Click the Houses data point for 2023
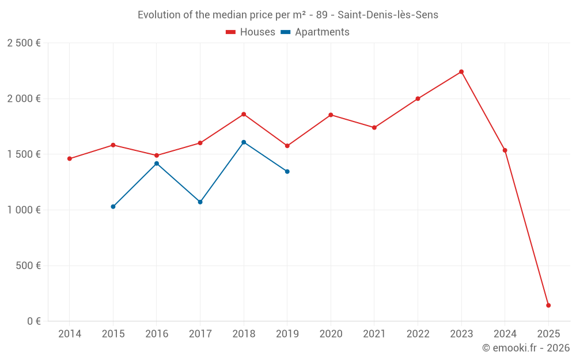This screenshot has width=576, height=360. [x=461, y=72]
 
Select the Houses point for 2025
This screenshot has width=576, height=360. [x=548, y=305]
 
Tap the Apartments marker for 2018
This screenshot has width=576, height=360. [x=244, y=142]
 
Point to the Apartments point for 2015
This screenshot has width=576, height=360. [x=113, y=207]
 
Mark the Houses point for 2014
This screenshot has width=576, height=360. [x=70, y=159]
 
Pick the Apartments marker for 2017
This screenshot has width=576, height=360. [x=200, y=202]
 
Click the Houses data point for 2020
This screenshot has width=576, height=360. [x=331, y=115]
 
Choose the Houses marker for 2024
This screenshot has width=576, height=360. [x=505, y=150]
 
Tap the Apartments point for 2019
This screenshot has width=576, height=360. [x=287, y=172]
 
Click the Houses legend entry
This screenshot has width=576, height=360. [x=251, y=32]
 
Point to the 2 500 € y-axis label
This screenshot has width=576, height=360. [x=24, y=43]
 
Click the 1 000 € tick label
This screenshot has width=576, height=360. [x=24, y=210]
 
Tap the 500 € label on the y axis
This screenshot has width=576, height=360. [x=28, y=266]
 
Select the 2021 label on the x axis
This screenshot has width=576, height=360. [x=374, y=334]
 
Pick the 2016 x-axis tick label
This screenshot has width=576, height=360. [x=157, y=334]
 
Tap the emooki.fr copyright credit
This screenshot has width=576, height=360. [x=525, y=348]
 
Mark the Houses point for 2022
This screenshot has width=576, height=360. [x=418, y=98]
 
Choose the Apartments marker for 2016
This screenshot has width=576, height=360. [x=157, y=164]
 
